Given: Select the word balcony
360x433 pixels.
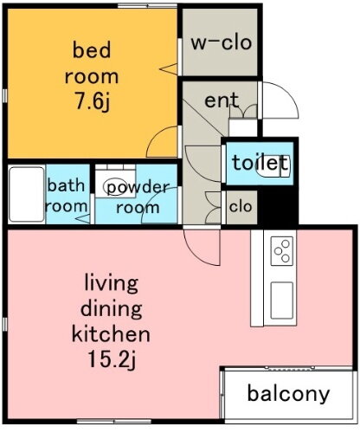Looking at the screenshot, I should [x=288, y=395].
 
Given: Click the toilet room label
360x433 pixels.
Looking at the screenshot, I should [x=259, y=163].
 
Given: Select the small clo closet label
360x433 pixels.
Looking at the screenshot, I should [x=239, y=206].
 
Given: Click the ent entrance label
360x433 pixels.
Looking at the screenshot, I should [x=222, y=100].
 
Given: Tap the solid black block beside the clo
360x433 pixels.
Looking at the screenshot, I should [x=278, y=208].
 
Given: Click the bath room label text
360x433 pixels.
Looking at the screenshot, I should [x=66, y=195].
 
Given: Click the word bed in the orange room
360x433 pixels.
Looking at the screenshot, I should [x=90, y=49].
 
